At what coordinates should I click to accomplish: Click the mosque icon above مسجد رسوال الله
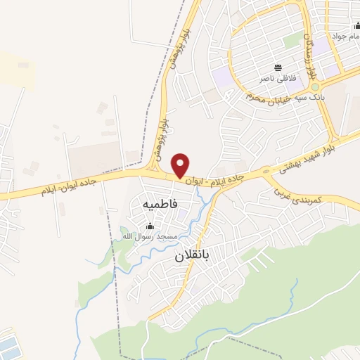click(149, 226)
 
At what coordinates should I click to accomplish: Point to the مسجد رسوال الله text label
click(149, 237)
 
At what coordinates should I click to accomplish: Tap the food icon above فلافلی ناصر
click(279, 68)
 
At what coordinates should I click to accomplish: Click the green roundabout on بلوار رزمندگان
click(316, 87)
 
